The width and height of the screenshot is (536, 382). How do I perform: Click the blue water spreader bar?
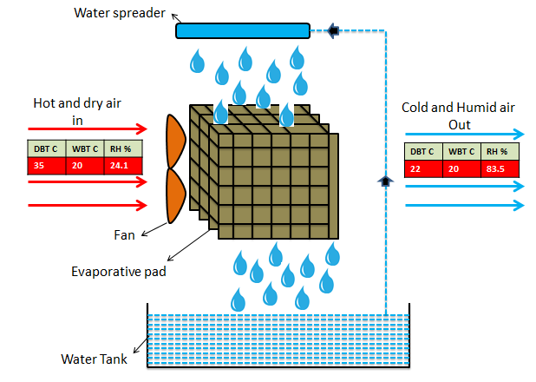243,31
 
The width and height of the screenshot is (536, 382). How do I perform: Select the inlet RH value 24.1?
119,164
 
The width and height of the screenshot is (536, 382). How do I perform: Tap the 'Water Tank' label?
95,359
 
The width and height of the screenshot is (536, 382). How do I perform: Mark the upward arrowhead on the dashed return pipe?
384,181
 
